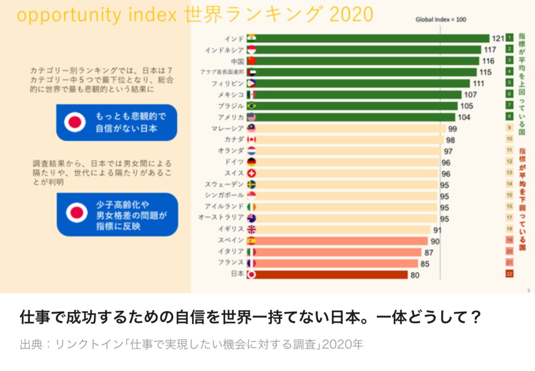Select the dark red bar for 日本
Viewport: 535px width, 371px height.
[331, 275]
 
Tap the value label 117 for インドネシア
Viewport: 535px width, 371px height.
[489, 50]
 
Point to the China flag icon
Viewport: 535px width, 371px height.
[251, 61]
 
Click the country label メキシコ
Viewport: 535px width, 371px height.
[231, 94]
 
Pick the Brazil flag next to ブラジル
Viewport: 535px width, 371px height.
[251, 106]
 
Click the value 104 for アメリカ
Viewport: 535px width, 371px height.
[464, 117]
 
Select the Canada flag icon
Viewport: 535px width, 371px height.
[251, 140]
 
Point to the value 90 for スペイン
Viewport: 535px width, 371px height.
[435, 241]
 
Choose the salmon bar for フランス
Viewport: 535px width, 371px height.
[336, 263]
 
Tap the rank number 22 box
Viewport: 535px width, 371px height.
[509, 274]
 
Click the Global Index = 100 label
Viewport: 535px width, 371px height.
[440, 20]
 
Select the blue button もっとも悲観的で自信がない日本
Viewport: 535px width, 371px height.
[117, 123]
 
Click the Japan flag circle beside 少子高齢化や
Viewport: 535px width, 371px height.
[76, 213]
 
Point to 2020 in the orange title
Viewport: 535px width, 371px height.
[351, 15]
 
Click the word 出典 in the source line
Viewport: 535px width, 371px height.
[31, 345]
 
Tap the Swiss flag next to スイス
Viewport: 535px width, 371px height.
[251, 173]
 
